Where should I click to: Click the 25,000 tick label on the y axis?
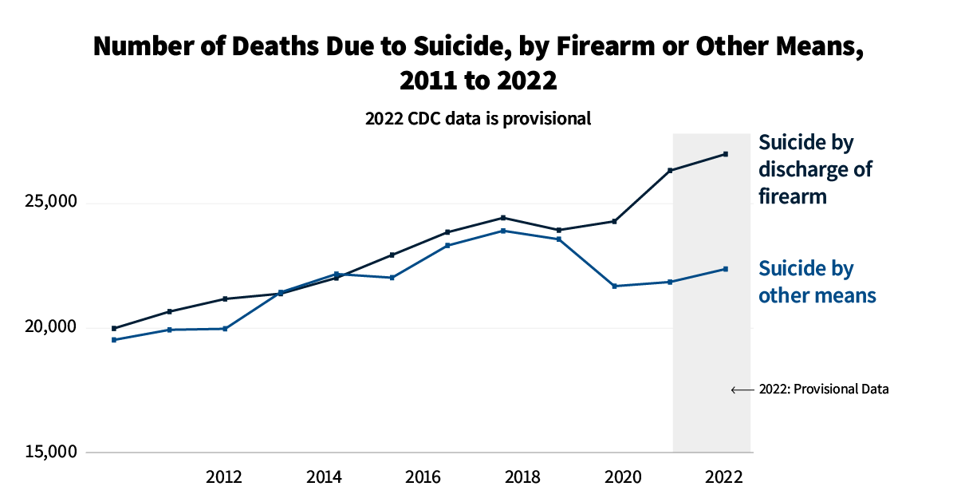[x=46, y=203]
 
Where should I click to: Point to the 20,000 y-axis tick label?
[x=46, y=327]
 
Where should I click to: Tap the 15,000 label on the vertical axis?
[x=46, y=452]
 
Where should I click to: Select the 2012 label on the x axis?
[x=224, y=477]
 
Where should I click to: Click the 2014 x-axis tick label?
[x=325, y=477]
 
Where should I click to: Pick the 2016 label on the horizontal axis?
[x=423, y=477]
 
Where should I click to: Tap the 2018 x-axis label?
[x=523, y=477]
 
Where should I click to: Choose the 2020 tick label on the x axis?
[x=624, y=477]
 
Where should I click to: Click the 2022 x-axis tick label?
[x=723, y=477]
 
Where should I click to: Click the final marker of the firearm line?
[x=726, y=154]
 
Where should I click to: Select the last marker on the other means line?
[x=726, y=269]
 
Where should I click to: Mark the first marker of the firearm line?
[x=114, y=328]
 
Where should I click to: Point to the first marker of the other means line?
[x=114, y=340]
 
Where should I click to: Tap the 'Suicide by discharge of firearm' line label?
[x=815, y=169]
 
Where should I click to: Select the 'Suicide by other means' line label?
[x=817, y=282]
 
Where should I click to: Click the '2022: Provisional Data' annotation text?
[x=824, y=389]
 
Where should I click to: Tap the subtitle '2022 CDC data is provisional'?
[x=478, y=119]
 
